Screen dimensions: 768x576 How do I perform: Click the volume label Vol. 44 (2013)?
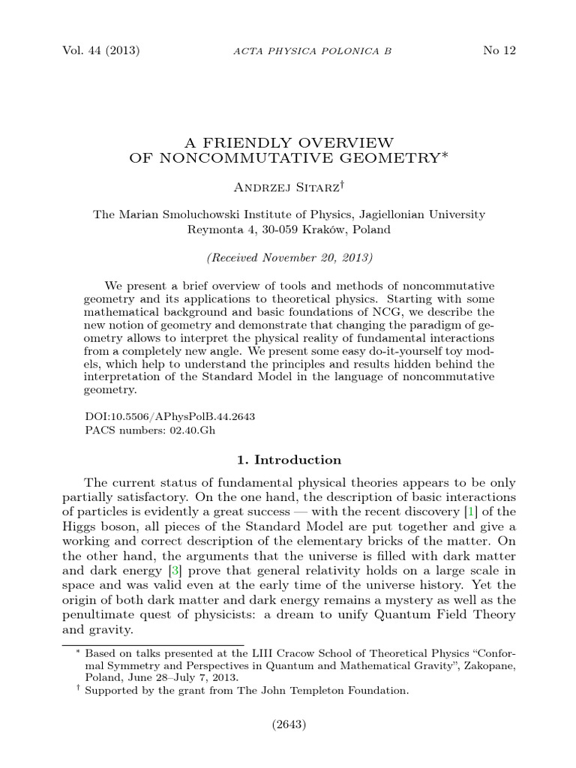(100, 51)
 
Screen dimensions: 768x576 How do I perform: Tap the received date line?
(289, 257)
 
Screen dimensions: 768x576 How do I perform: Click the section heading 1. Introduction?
(289, 460)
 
